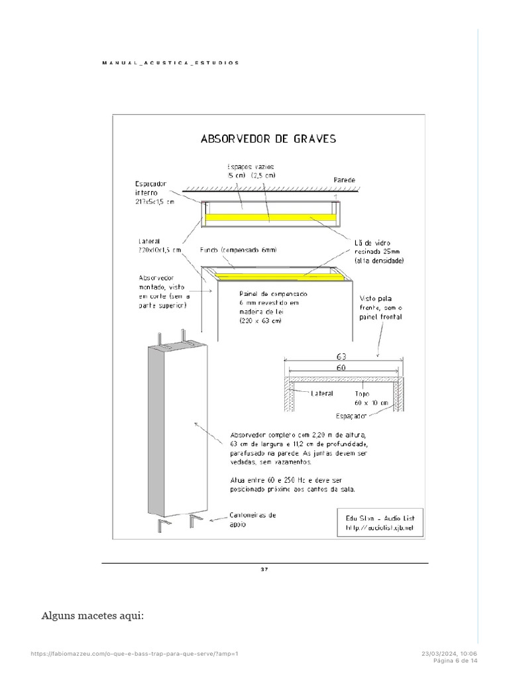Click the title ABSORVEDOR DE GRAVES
point(268,139)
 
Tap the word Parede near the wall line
point(345,180)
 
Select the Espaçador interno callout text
point(154,192)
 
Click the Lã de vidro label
point(377,252)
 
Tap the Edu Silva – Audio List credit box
point(379,522)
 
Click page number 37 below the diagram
point(264,569)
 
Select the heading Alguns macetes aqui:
point(92,617)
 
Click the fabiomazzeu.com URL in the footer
point(135,654)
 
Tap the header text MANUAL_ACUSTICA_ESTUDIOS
point(170,62)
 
